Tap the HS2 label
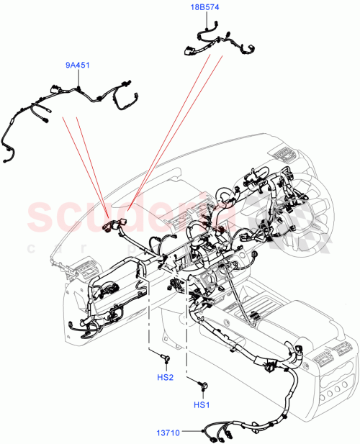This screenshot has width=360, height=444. point(165,377)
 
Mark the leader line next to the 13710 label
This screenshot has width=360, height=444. point(193,432)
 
